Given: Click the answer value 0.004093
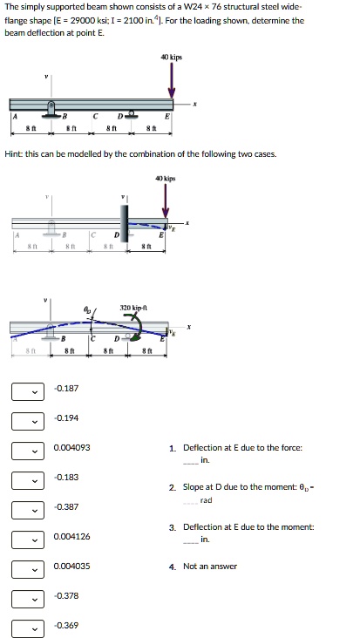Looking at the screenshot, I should pyautogui.click(x=71, y=447).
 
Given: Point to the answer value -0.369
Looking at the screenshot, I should pyautogui.click(x=66, y=625).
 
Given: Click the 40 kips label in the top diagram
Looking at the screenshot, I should pyautogui.click(x=171, y=56).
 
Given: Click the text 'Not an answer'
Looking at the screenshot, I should pyautogui.click(x=210, y=567).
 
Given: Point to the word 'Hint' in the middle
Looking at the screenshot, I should pyautogui.click(x=12, y=153).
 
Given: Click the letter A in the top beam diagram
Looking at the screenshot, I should pyautogui.click(x=14, y=118).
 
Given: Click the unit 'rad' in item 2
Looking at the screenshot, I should pyautogui.click(x=206, y=500).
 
